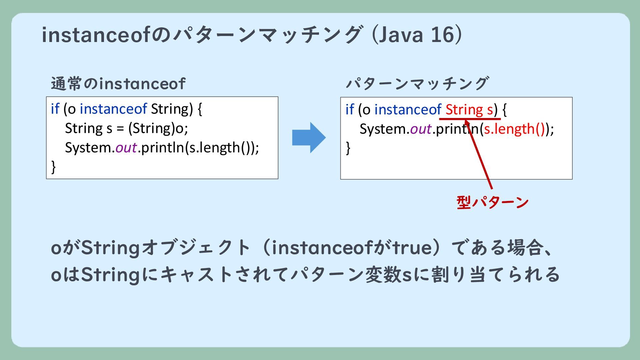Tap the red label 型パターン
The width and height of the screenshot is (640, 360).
[x=492, y=202]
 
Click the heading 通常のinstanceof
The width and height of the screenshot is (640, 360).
[x=118, y=84]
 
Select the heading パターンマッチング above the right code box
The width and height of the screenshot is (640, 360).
[x=417, y=84]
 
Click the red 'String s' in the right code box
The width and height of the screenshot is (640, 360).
[x=469, y=110]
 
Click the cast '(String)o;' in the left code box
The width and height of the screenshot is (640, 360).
[x=158, y=128]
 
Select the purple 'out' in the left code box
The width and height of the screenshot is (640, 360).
[x=126, y=148]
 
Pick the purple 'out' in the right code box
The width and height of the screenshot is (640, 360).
[x=421, y=129]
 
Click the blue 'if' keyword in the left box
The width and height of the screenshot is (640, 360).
[x=55, y=109]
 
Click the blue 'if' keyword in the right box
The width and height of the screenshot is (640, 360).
[x=350, y=110]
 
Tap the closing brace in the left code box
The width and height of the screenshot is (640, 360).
[x=53, y=167]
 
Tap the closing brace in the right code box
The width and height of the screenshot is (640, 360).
[x=348, y=148]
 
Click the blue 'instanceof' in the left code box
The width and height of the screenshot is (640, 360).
[x=113, y=109]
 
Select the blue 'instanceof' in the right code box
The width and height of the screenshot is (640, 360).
[x=408, y=110]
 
